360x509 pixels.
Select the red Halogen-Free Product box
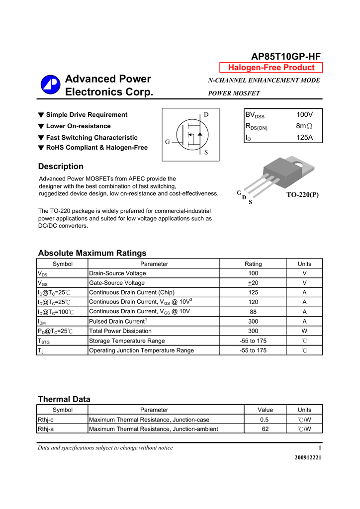click(271, 68)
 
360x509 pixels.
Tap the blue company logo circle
click(50, 85)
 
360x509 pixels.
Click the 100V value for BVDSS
click(304, 115)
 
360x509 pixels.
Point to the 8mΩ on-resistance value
click(304, 126)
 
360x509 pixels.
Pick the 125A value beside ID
click(304, 138)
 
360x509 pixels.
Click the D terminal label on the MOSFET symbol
click(206, 115)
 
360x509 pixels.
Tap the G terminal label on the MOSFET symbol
click(168, 142)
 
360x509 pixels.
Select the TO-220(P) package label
click(302, 195)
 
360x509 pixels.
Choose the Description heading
click(61, 167)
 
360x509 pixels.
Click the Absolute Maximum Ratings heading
click(92, 253)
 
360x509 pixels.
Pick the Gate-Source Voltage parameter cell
click(117, 283)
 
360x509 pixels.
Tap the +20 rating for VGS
click(253, 283)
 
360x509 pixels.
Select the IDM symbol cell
click(42, 322)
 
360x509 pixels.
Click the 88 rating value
click(253, 312)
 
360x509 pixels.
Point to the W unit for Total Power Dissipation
click(304, 331)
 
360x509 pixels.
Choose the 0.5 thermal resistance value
click(265, 420)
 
